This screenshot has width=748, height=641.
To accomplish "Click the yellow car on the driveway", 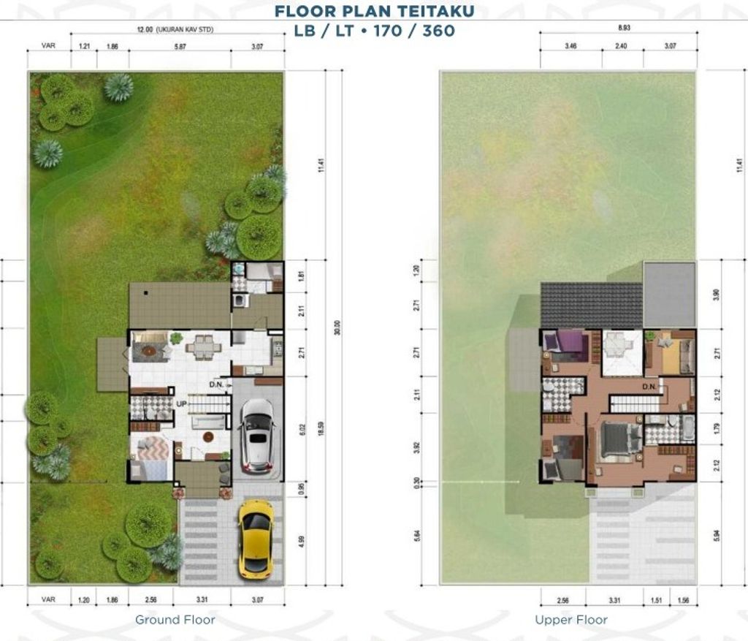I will [256, 539].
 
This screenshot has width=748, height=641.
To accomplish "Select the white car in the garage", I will [256, 435].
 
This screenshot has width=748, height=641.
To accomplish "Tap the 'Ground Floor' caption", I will [175, 620].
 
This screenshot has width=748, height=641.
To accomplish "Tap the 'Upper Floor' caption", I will [571, 620].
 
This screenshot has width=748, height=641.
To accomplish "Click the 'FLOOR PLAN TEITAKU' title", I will [374, 10].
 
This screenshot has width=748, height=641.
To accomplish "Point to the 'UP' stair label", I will [181, 403].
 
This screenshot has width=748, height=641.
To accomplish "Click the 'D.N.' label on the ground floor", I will [216, 384].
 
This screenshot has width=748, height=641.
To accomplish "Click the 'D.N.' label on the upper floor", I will [650, 386].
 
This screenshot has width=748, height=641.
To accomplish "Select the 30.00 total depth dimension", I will [337, 327].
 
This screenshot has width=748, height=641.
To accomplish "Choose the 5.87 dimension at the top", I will [180, 46].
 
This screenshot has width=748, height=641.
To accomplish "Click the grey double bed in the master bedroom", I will [617, 440].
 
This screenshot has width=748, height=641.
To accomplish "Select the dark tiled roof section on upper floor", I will [591, 305].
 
